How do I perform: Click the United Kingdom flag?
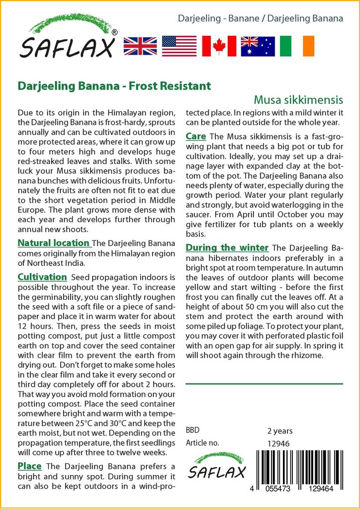tap(140, 46)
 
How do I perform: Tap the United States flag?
tap(180, 46)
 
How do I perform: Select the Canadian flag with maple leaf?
tap(219, 46)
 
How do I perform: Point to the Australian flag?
tap(258, 46)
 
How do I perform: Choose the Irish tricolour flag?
tap(297, 46)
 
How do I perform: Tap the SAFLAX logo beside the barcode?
tap(216, 466)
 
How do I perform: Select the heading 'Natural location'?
tap(54, 243)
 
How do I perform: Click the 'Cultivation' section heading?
tap(42, 276)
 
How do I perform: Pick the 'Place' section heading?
tap(29, 466)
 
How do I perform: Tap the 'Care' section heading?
tap(196, 136)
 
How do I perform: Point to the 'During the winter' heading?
tap(227, 248)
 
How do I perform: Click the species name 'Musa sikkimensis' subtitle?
tap(298, 100)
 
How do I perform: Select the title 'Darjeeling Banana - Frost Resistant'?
tap(114, 85)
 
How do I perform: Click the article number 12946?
tap(278, 443)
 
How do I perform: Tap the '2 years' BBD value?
tap(280, 431)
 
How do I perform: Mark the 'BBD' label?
tap(192, 430)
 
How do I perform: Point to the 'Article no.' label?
tap(202, 443)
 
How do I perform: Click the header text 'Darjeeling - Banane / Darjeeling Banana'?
tap(261, 19)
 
